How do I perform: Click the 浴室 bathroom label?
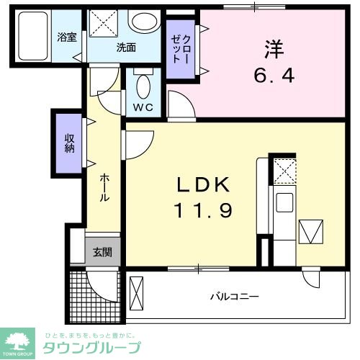pos(67,37)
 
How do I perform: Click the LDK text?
pos(204,186)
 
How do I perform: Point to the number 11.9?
pos(204,210)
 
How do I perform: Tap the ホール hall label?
pos(104,186)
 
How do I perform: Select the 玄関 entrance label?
pos(102,252)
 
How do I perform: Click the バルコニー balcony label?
pos(235,295)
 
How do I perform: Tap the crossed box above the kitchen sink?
pos(283,171)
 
